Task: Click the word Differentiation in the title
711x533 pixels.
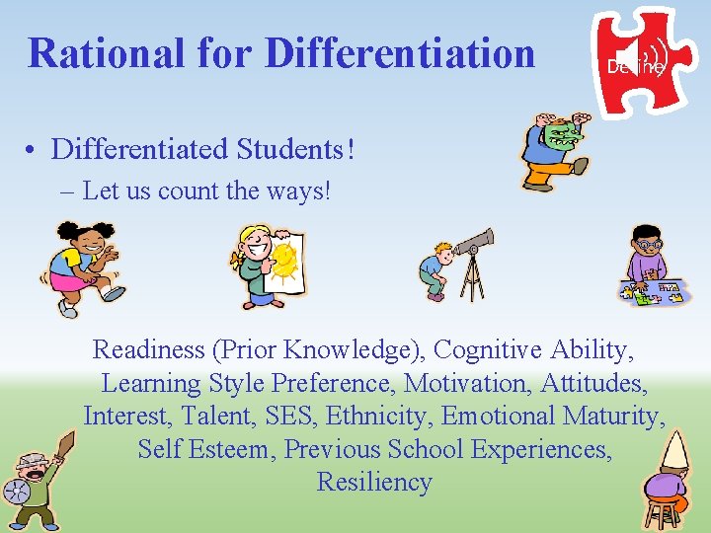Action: [x=400, y=52]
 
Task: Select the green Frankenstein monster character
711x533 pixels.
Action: [x=553, y=148]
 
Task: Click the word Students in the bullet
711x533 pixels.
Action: [x=291, y=150]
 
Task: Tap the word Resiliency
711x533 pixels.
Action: [x=374, y=483]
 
